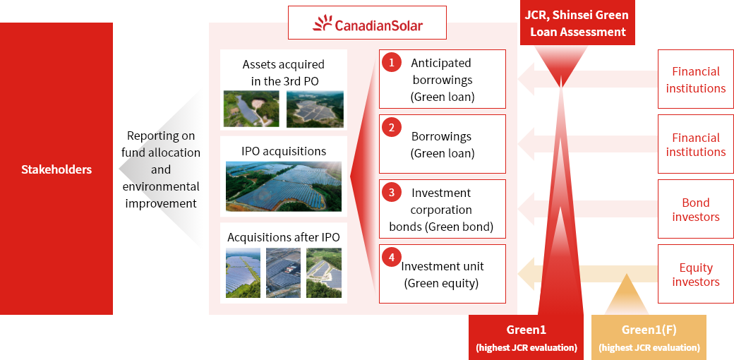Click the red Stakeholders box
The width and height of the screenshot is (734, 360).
pos(56,169)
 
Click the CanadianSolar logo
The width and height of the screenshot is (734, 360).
pos(368,23)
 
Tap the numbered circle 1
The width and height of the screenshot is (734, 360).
pos(391,62)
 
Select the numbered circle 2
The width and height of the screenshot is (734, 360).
pos(391,127)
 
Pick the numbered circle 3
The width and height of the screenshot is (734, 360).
pos(391,192)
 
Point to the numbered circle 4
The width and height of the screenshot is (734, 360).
pos(391,257)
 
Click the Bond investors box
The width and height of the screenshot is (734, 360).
pos(696,209)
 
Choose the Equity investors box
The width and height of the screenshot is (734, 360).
pos(696,274)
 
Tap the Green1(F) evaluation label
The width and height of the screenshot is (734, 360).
pos(649,337)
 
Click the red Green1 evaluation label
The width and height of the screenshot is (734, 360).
pos(527,337)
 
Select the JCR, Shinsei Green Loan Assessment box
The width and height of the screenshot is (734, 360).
pos(577,23)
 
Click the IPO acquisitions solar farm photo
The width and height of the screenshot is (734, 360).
pos(284,186)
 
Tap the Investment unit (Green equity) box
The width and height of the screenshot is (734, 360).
pos(443,274)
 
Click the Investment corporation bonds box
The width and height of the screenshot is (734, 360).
pos(443,209)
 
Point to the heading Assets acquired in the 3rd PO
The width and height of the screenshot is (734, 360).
pos(284,72)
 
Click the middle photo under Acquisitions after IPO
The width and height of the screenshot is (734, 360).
pos(284,273)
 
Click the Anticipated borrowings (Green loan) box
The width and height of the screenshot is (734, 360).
pos(443,79)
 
